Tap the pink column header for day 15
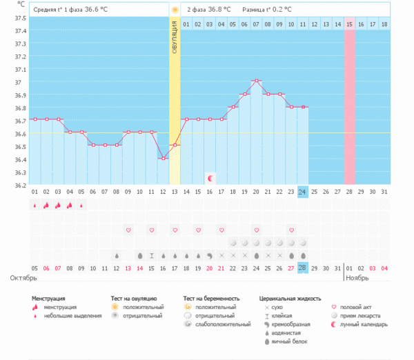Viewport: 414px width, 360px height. (x=350, y=24)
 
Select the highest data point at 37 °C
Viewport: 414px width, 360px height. (x=256, y=81)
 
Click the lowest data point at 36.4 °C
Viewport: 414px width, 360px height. (x=163, y=158)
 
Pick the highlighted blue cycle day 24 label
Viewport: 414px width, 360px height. (x=303, y=192)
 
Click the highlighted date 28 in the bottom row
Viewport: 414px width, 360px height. (x=303, y=268)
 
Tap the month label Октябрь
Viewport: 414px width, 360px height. (x=24, y=278)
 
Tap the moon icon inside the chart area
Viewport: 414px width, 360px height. (x=210, y=178)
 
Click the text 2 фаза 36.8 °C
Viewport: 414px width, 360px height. (x=209, y=10)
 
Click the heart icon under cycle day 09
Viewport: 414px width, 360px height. (x=128, y=229)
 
